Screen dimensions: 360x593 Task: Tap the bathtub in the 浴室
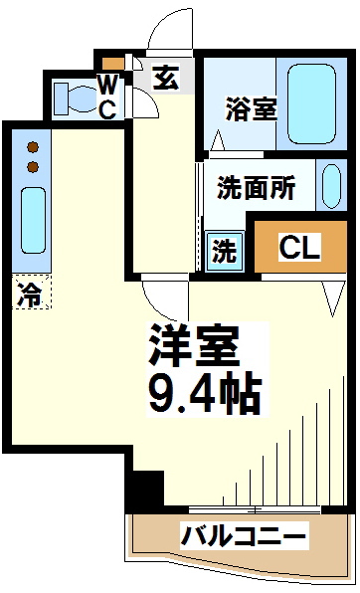point(311,103)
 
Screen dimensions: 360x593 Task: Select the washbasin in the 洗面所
point(331,186)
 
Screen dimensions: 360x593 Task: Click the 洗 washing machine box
point(224,251)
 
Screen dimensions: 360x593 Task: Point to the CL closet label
point(300,247)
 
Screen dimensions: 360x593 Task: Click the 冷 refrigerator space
point(31,292)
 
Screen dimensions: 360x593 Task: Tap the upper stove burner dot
point(33,146)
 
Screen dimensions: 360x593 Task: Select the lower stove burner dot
point(33,166)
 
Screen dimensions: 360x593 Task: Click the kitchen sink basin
point(33,221)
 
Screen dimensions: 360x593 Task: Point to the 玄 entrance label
point(165,78)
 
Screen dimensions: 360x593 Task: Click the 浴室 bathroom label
point(251,108)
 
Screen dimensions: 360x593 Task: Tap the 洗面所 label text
point(256,188)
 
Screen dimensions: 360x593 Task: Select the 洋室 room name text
point(194,345)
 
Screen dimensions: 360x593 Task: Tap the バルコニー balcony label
point(244,536)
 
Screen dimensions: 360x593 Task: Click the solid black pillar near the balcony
point(145,491)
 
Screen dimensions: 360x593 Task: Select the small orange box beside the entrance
point(113,63)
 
